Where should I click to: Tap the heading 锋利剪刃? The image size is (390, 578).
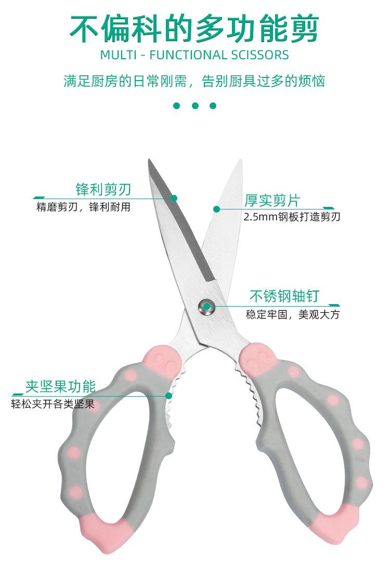pos(103,189)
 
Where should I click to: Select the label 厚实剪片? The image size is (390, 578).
pos(272,200)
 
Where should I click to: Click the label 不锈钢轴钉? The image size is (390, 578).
pos(284,297)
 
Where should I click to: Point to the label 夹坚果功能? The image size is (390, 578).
pos(61,387)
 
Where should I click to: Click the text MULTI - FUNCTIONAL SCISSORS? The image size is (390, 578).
pos(194,55)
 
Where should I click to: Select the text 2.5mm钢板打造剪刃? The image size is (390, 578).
pos(292,217)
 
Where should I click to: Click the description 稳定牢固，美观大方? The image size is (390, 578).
pos(292,314)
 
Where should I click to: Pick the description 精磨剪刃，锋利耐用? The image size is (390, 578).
pos(83,207)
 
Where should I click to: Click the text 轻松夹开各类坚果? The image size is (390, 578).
pos(53,404)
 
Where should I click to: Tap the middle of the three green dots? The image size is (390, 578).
pos(195,106)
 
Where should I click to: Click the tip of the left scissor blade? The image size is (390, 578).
pos(149,161)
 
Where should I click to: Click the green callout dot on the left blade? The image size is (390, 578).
pos(174,198)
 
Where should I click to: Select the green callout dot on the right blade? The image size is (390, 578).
pos(216,209)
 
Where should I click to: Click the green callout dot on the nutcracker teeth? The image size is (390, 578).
pos(168,396)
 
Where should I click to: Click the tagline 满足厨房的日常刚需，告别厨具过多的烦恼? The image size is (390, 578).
pos(194,81)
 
